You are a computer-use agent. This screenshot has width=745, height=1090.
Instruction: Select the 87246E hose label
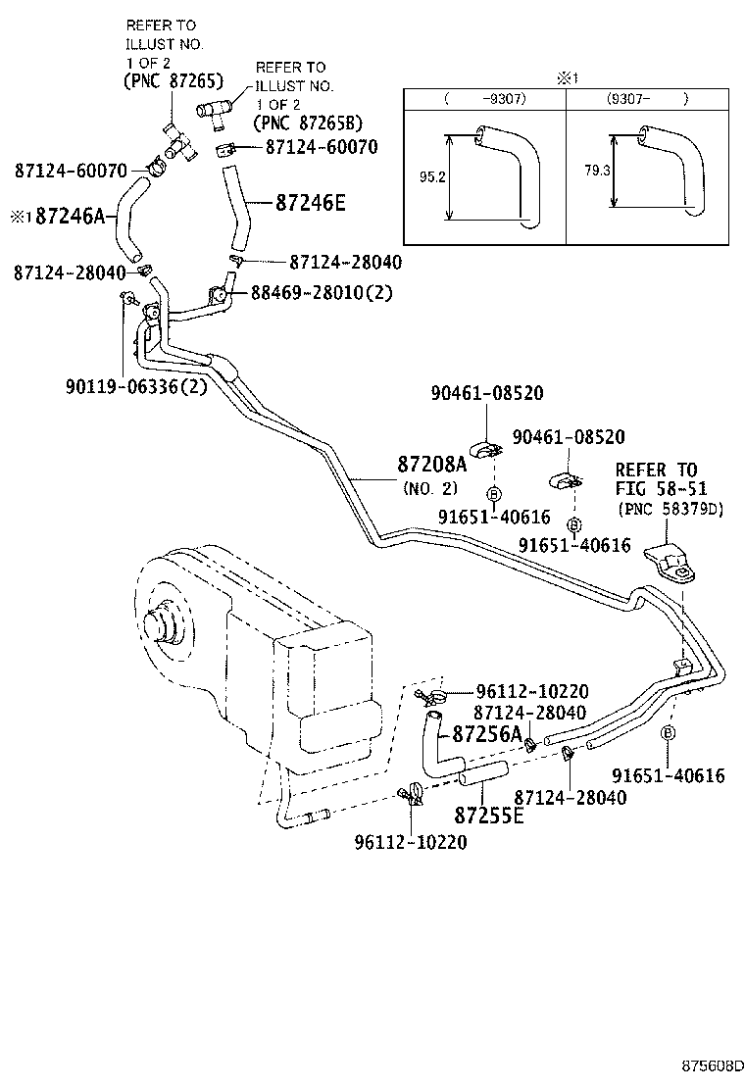coord(311,204)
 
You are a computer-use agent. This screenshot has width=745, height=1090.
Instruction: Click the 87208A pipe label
coord(432,464)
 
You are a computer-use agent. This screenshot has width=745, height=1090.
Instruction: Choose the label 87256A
coord(486,734)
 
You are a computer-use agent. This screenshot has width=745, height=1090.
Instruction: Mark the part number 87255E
coord(488,815)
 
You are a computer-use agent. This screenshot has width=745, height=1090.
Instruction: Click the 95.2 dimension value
coord(426,177)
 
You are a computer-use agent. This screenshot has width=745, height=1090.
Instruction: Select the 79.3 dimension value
coord(593,170)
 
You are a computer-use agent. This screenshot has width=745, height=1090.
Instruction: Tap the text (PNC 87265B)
coord(307,123)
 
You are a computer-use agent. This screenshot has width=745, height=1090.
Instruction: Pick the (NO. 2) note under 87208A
coord(427,486)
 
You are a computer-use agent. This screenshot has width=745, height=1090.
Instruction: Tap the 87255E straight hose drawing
coord(482,774)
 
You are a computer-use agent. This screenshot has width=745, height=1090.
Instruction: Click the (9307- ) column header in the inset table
coord(647,99)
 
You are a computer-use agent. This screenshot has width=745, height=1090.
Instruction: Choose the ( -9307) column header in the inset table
coord(484,99)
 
